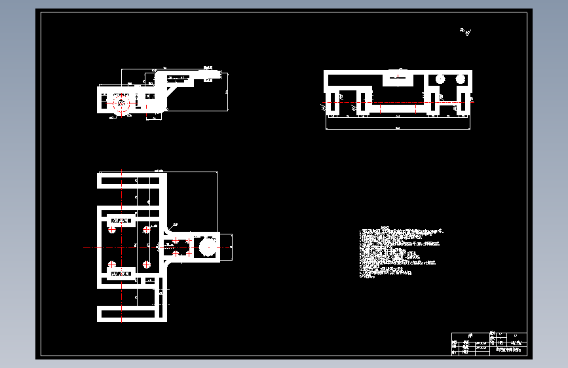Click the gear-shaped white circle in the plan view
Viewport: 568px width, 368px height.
208,246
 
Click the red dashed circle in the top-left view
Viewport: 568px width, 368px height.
121,103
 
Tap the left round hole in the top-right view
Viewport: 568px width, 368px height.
440,79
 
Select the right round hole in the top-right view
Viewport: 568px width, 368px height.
461,79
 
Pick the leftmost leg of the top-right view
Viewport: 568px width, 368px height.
332,101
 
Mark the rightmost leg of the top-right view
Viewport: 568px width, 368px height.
464,101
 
